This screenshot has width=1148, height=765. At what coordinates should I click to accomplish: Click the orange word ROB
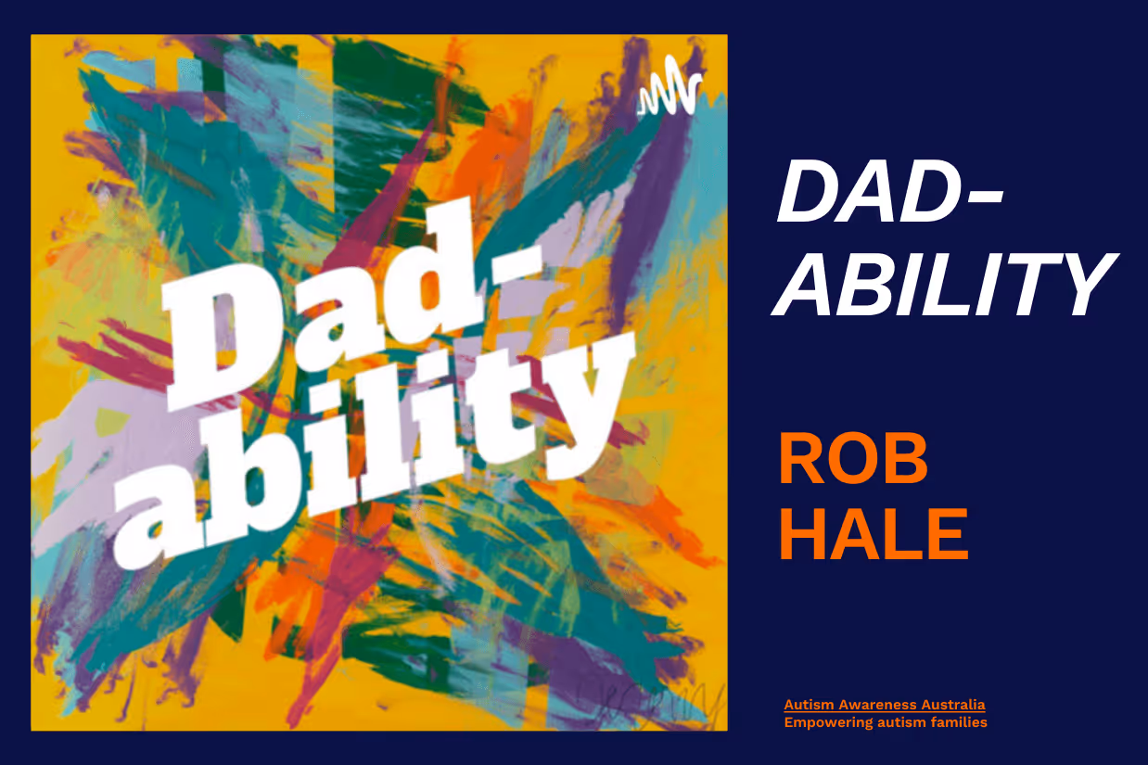pos(853,461)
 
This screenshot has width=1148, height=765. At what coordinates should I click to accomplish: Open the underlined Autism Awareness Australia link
pos(884,706)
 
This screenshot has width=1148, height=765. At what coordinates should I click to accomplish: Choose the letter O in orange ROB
pos(853,461)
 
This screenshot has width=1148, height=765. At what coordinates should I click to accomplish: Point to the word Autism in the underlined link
pos(804,706)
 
